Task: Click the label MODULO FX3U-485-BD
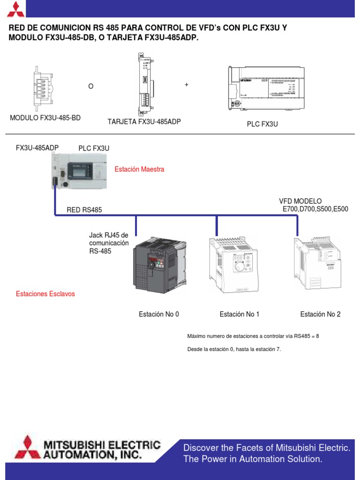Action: click(x=45, y=118)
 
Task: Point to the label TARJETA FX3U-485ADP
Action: click(x=144, y=122)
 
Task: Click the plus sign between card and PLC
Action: click(x=187, y=85)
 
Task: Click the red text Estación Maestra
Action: click(x=139, y=169)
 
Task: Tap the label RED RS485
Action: click(x=84, y=210)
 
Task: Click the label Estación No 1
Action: click(x=239, y=314)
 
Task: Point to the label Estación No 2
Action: click(x=320, y=314)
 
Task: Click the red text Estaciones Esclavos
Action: click(x=45, y=294)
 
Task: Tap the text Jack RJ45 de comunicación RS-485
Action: click(x=108, y=243)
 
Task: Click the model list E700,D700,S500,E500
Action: click(x=315, y=209)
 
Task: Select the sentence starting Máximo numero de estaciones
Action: click(x=253, y=337)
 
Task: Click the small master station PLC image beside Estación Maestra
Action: click(x=80, y=172)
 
